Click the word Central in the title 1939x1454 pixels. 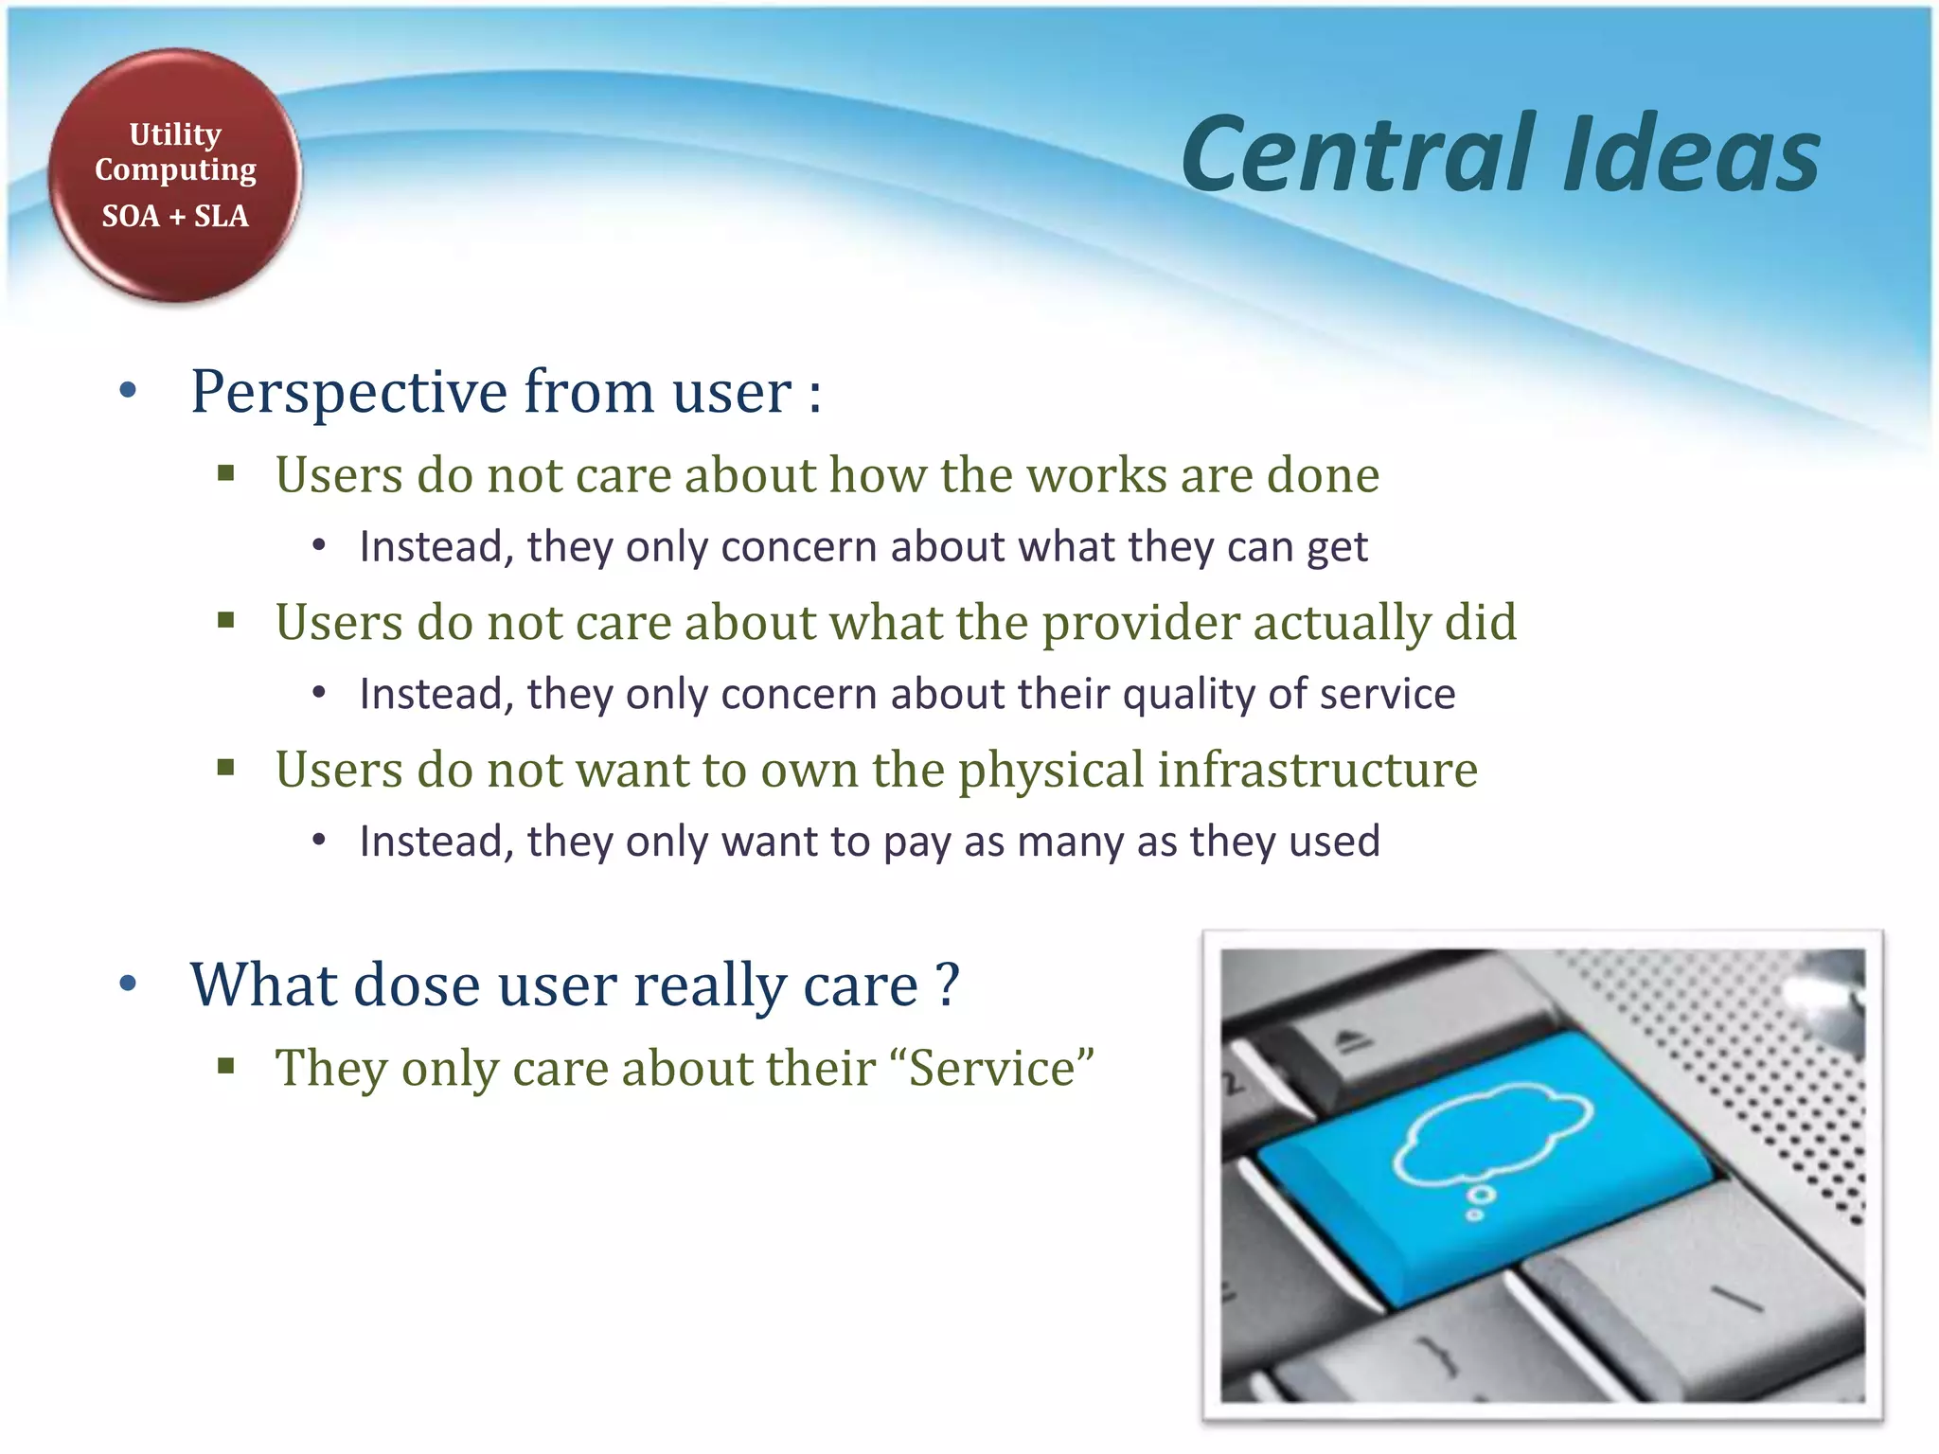1359,154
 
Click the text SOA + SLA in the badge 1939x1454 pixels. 175,217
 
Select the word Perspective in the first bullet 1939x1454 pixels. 349,392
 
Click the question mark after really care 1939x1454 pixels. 948,984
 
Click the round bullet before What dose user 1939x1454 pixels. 129,984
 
